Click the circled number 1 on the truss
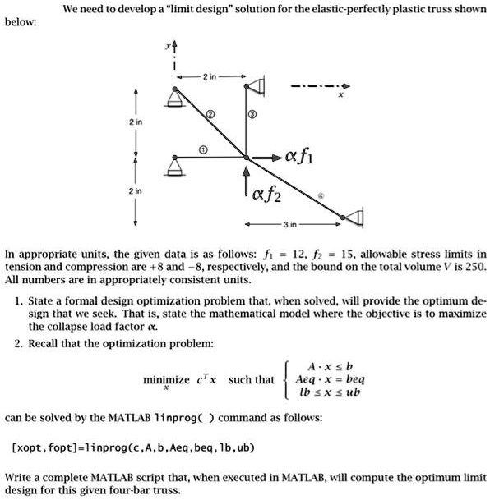tap(206, 149)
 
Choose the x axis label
tap(340, 95)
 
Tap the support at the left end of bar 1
tap(173, 165)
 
